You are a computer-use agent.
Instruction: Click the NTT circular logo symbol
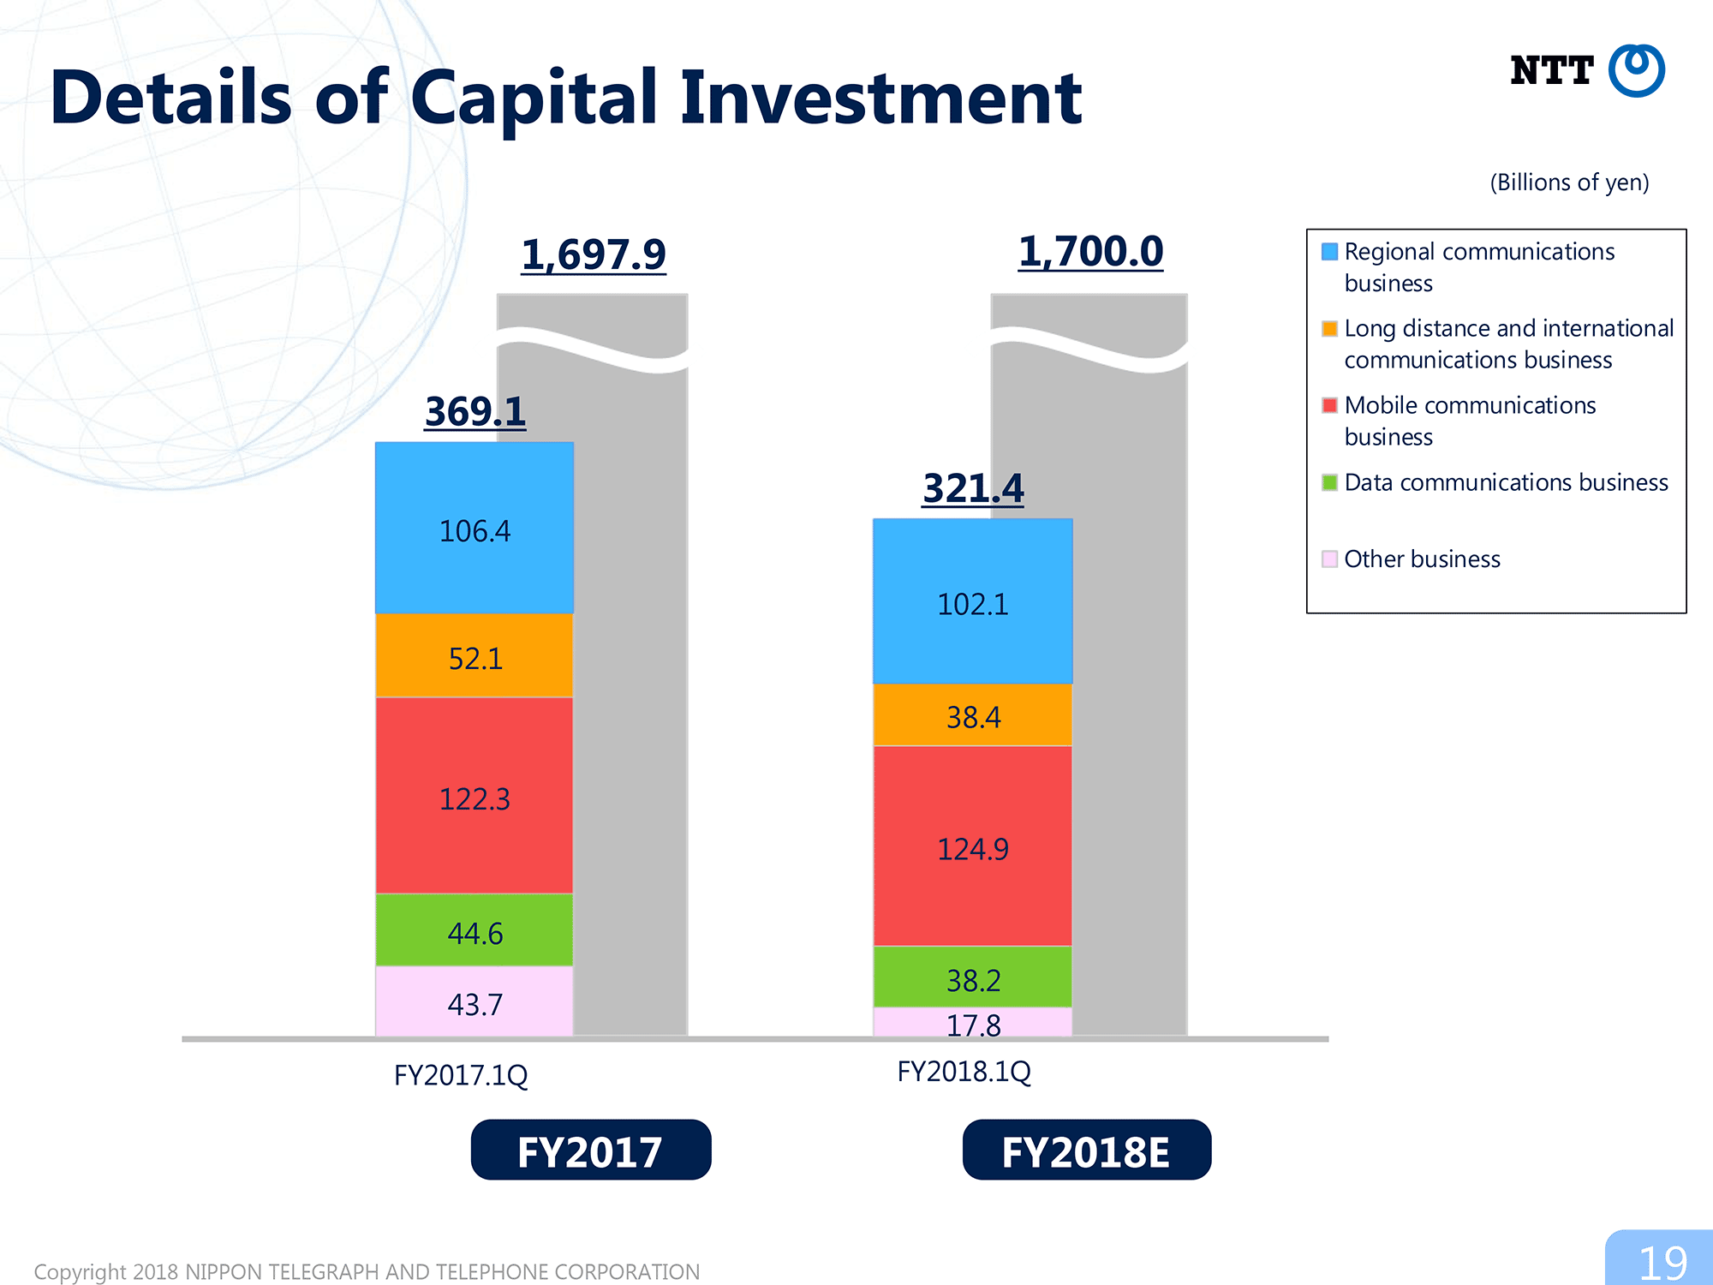tap(1636, 70)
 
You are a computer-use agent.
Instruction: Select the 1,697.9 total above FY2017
tap(594, 254)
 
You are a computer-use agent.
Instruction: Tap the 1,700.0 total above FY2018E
tap(1090, 252)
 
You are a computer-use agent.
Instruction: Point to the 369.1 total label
tap(475, 411)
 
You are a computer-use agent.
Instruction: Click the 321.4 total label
tap(973, 488)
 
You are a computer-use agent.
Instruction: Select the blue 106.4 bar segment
tap(475, 528)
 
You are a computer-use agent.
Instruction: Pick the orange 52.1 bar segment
tap(475, 655)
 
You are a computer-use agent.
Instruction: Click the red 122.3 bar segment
tap(475, 796)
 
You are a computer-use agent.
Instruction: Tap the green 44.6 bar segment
tap(475, 930)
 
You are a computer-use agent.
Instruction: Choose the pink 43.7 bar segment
tap(475, 1001)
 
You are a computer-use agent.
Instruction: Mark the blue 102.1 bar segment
tap(973, 601)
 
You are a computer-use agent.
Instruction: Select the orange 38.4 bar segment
tap(973, 714)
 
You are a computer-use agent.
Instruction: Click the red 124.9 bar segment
tap(973, 846)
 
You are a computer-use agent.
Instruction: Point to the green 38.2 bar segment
tap(973, 977)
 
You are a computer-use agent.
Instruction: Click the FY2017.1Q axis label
tap(461, 1075)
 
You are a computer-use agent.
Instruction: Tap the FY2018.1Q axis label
tap(964, 1072)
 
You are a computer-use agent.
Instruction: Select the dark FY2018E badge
tap(1087, 1150)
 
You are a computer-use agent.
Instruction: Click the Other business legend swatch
tap(1329, 559)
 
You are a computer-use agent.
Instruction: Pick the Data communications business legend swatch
tap(1329, 482)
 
